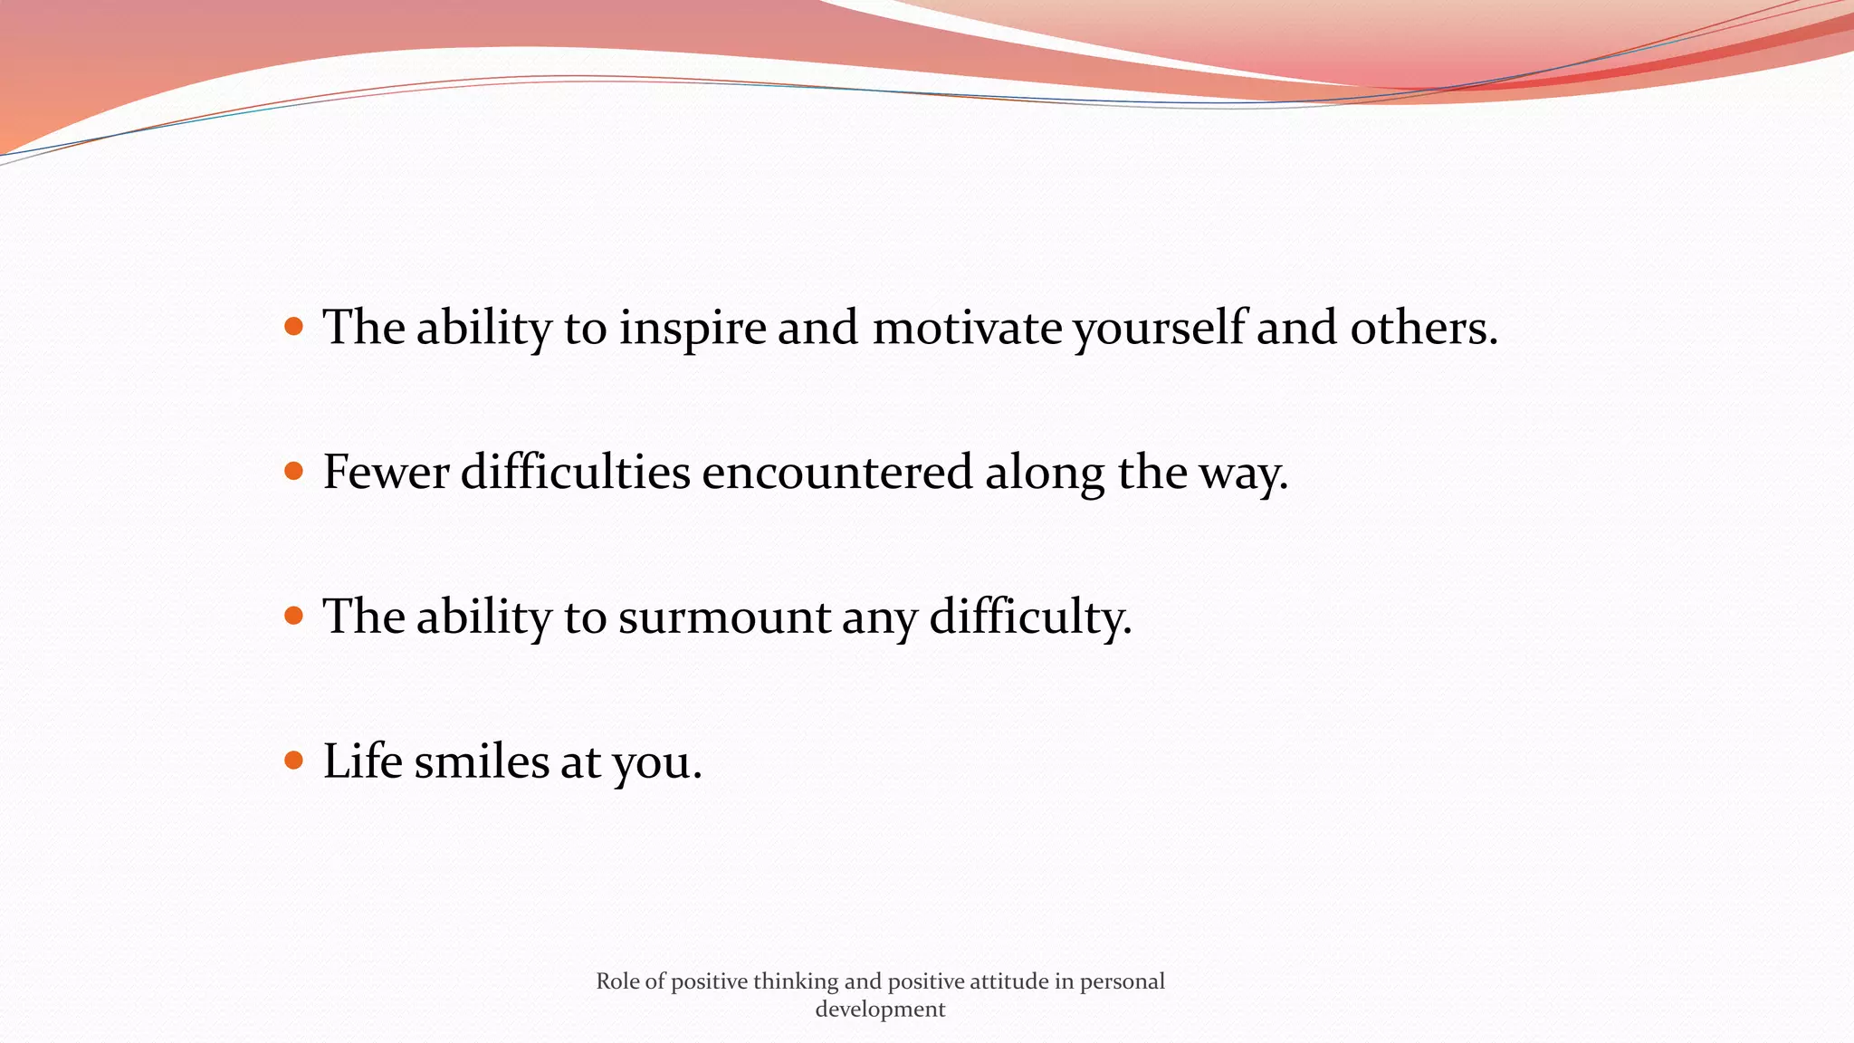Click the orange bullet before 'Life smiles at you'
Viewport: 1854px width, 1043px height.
point(293,760)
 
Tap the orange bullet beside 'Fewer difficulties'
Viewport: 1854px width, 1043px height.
point(293,471)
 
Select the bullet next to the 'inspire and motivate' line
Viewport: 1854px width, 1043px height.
point(293,326)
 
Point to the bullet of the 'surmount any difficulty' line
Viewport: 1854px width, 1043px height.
point(293,616)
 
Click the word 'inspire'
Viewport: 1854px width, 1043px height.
point(693,328)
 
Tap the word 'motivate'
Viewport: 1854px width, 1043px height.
point(967,328)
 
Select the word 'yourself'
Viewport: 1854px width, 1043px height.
point(1159,328)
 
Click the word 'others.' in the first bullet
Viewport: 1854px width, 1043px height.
point(1424,328)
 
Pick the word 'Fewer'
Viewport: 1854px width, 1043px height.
point(386,473)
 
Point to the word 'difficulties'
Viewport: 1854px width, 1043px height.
point(575,473)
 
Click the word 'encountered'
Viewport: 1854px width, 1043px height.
point(836,473)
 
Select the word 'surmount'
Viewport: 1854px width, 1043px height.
point(724,617)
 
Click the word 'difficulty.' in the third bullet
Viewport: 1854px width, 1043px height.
point(1030,617)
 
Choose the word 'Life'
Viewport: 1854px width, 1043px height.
point(362,761)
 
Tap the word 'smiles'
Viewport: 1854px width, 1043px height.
point(482,761)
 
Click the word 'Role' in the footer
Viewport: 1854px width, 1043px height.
point(617,981)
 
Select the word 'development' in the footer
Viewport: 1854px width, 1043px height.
point(880,1010)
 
